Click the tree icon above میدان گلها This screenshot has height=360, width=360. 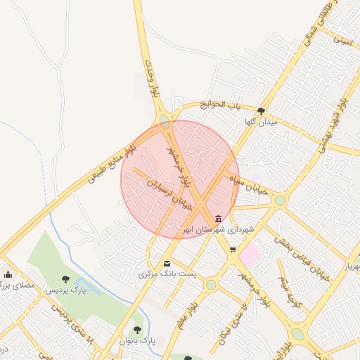coord(262,110)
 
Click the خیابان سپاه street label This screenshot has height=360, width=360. coord(252,185)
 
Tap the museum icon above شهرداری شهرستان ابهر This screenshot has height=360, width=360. coord(219,219)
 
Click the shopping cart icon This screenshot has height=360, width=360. coord(233,250)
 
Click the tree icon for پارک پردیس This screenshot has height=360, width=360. coord(65,280)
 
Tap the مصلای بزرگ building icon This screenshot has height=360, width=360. coord(8,274)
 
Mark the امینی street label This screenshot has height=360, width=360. coord(342,41)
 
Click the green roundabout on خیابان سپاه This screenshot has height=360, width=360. coord(280,201)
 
